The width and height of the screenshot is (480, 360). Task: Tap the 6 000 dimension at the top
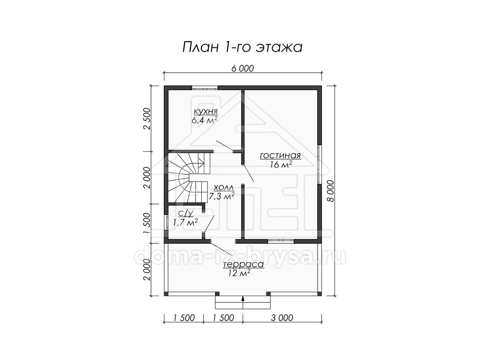(242, 68)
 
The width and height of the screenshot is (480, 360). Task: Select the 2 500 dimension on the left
(148, 119)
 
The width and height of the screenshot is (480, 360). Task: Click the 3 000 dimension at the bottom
(282, 318)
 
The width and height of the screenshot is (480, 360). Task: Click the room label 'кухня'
(206, 112)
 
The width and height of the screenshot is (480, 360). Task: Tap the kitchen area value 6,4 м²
(205, 120)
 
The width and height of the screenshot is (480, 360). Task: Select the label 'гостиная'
(280, 156)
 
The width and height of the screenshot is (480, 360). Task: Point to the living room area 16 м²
(281, 164)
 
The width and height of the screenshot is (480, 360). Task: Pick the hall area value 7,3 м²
(222, 196)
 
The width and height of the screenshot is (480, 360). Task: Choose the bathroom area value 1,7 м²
(186, 222)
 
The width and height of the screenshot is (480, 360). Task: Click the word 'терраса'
(243, 264)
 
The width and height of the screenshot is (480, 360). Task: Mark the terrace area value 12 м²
(239, 273)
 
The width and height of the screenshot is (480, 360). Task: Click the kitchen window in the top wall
(205, 88)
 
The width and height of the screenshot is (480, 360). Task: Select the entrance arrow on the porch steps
(242, 302)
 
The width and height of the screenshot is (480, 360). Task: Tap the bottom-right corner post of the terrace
(320, 294)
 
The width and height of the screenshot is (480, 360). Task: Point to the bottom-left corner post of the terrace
(166, 294)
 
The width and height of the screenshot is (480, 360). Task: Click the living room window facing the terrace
(281, 241)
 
